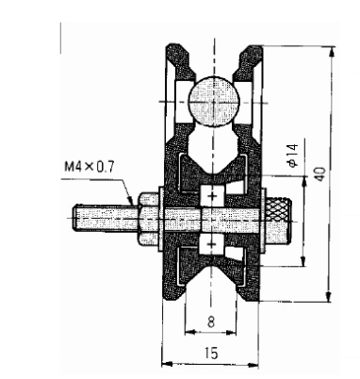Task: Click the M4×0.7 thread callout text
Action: pos(90,167)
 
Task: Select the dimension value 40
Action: pos(320,174)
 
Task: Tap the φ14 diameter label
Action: pos(292,156)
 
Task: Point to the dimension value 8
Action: pos(211,321)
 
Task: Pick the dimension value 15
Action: pos(211,353)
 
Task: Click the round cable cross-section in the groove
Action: pos(214,101)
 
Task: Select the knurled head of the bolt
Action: pos(278,221)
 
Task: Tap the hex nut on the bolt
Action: pos(148,219)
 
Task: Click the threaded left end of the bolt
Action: pos(106,218)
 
